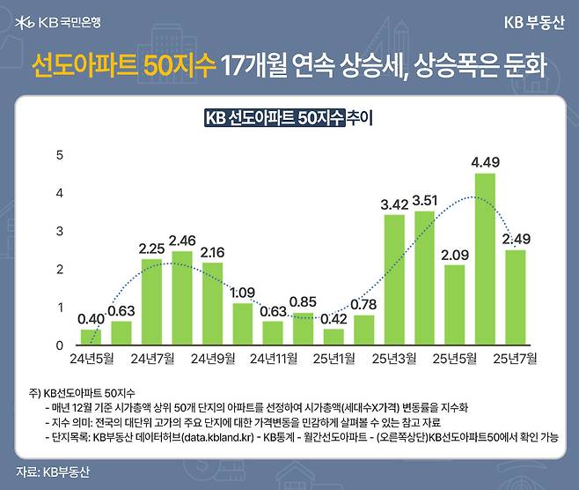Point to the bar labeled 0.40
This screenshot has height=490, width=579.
click(x=92, y=337)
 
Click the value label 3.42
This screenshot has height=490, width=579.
click(x=394, y=204)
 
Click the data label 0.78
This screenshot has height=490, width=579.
click(x=363, y=305)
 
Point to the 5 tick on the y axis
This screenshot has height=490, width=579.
click(x=60, y=155)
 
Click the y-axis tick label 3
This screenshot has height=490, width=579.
click(x=60, y=231)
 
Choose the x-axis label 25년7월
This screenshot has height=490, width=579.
click(x=515, y=360)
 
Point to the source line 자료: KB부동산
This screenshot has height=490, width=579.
click(x=53, y=471)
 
